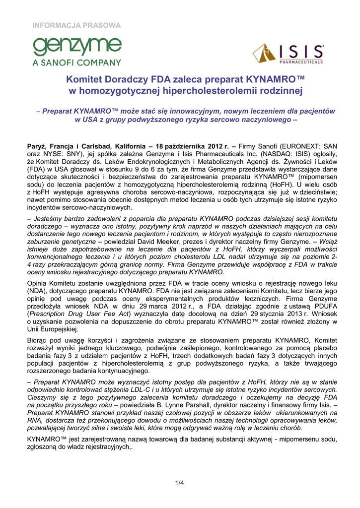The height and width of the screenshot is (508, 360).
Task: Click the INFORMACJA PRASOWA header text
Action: click(76, 25)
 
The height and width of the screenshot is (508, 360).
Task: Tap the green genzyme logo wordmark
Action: click(76, 47)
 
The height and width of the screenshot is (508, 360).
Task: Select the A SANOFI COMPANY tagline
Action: click(76, 63)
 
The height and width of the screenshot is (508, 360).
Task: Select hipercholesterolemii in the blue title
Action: click(198, 91)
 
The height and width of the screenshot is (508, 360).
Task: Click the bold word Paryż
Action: click(35, 146)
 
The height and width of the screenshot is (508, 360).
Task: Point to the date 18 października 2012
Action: click(189, 146)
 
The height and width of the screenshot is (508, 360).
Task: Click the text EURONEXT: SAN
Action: click(308, 146)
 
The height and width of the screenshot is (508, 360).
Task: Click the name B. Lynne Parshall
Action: click(161, 405)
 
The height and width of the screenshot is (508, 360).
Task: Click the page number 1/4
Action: click(179, 483)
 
